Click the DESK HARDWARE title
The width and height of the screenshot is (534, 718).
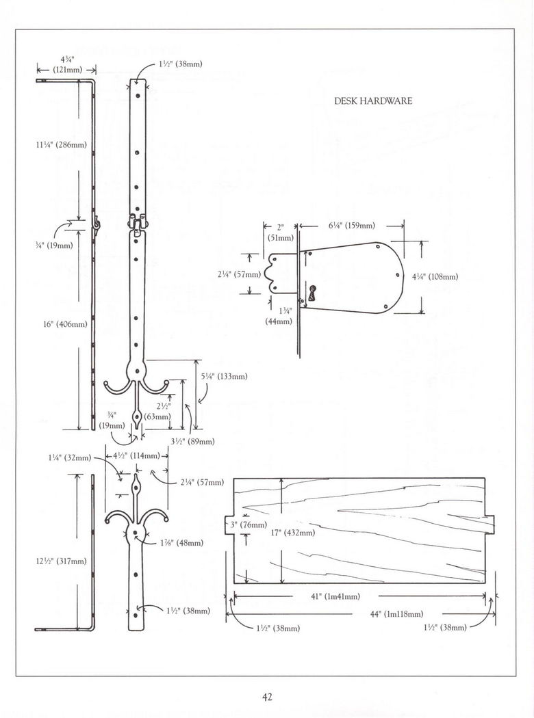[373, 101]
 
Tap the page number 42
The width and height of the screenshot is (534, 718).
[267, 697]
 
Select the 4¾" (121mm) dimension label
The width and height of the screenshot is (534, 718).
[66, 63]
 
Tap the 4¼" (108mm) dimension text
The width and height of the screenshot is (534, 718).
[435, 277]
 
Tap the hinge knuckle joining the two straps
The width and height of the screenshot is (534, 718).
[137, 223]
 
